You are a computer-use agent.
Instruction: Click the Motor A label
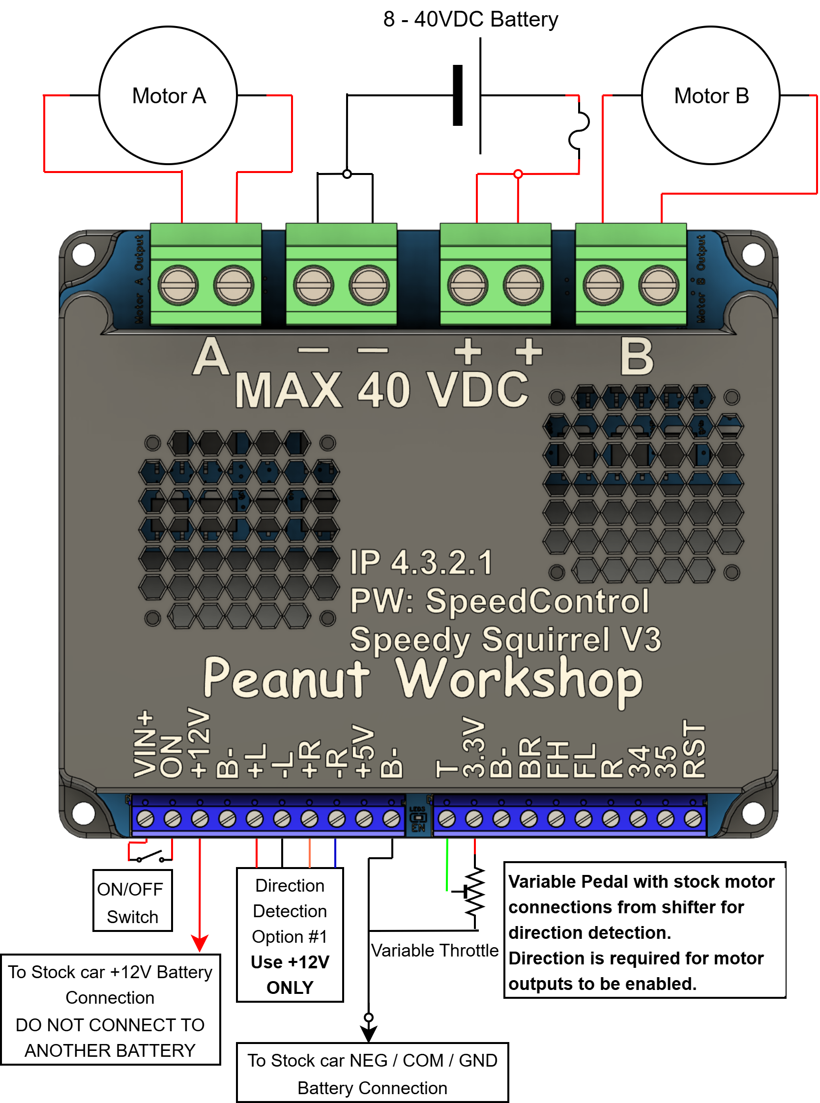(169, 96)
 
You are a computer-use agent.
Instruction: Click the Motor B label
(711, 96)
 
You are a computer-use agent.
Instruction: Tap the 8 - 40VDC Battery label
(470, 20)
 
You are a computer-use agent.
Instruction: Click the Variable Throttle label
(435, 950)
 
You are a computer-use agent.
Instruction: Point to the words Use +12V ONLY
(290, 975)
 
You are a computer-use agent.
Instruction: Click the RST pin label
(694, 749)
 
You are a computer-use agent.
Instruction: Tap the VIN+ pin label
(145, 744)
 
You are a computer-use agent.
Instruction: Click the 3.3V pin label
(473, 747)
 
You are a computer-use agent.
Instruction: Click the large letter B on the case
(637, 357)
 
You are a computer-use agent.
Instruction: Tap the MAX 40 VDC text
(381, 390)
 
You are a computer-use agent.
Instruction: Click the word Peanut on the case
(287, 678)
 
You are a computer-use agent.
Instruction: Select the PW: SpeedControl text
(499, 601)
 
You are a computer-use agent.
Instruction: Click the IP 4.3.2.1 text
(421, 563)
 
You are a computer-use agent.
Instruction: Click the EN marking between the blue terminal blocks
(418, 828)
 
